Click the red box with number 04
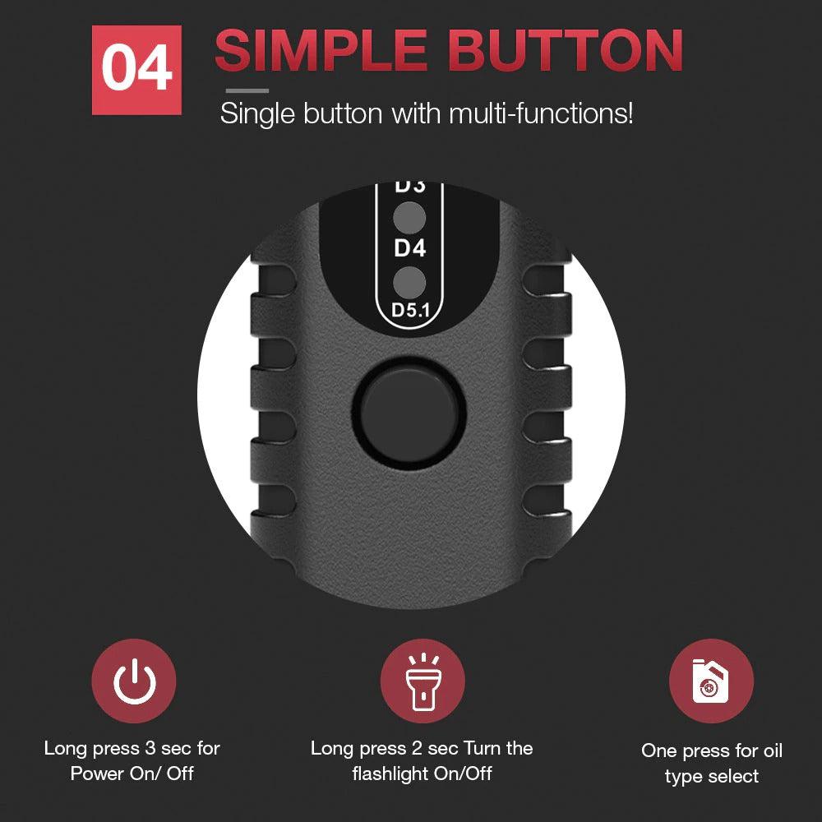[x=137, y=70]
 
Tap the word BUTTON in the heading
[x=566, y=51]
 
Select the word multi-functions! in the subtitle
[x=541, y=113]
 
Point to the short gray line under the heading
[x=247, y=90]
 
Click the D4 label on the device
[x=409, y=248]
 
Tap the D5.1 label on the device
[x=409, y=310]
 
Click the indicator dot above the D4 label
[x=409, y=219]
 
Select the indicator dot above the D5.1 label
[x=409, y=282]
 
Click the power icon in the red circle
[x=133, y=681]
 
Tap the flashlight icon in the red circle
[x=422, y=681]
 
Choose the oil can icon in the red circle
[x=710, y=681]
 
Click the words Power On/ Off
[x=132, y=774]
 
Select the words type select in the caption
[x=712, y=776]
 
